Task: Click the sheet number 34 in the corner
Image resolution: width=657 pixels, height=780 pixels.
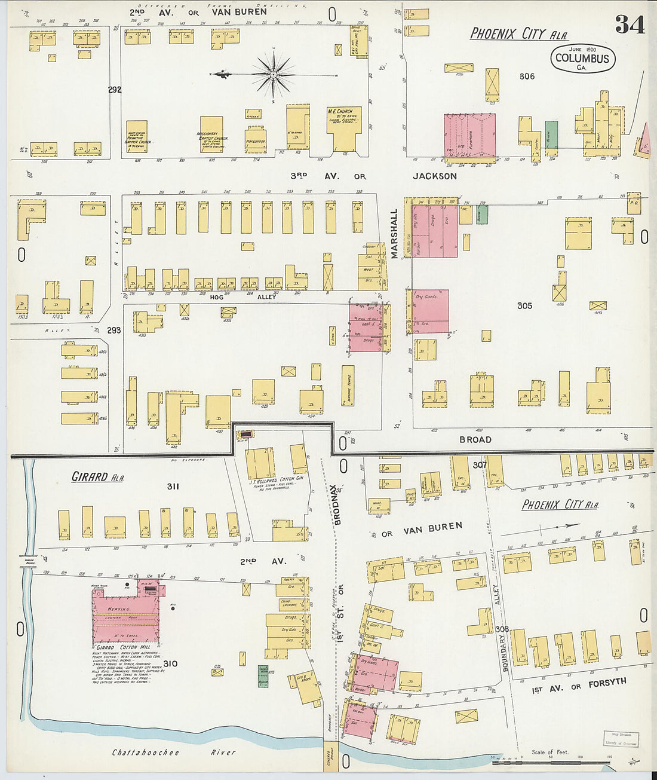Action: (x=630, y=24)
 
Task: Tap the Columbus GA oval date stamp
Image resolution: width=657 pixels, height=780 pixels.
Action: (x=582, y=59)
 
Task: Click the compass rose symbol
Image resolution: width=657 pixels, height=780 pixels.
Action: (x=273, y=74)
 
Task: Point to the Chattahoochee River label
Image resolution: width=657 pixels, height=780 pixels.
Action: (x=174, y=753)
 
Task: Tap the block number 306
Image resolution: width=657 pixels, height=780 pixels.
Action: (x=527, y=77)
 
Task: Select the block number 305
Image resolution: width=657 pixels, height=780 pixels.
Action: (x=524, y=305)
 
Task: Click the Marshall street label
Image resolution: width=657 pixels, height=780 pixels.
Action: (x=394, y=234)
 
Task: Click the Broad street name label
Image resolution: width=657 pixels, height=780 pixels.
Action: (x=475, y=439)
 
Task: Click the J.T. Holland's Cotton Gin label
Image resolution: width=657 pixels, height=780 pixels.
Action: (x=276, y=480)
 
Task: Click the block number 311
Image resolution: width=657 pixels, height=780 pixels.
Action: (x=173, y=487)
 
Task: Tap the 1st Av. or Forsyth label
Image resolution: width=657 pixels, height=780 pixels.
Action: (x=579, y=686)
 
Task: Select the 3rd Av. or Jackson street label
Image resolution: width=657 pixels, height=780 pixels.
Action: (x=374, y=176)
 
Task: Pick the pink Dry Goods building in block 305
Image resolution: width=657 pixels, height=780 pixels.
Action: (x=430, y=311)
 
